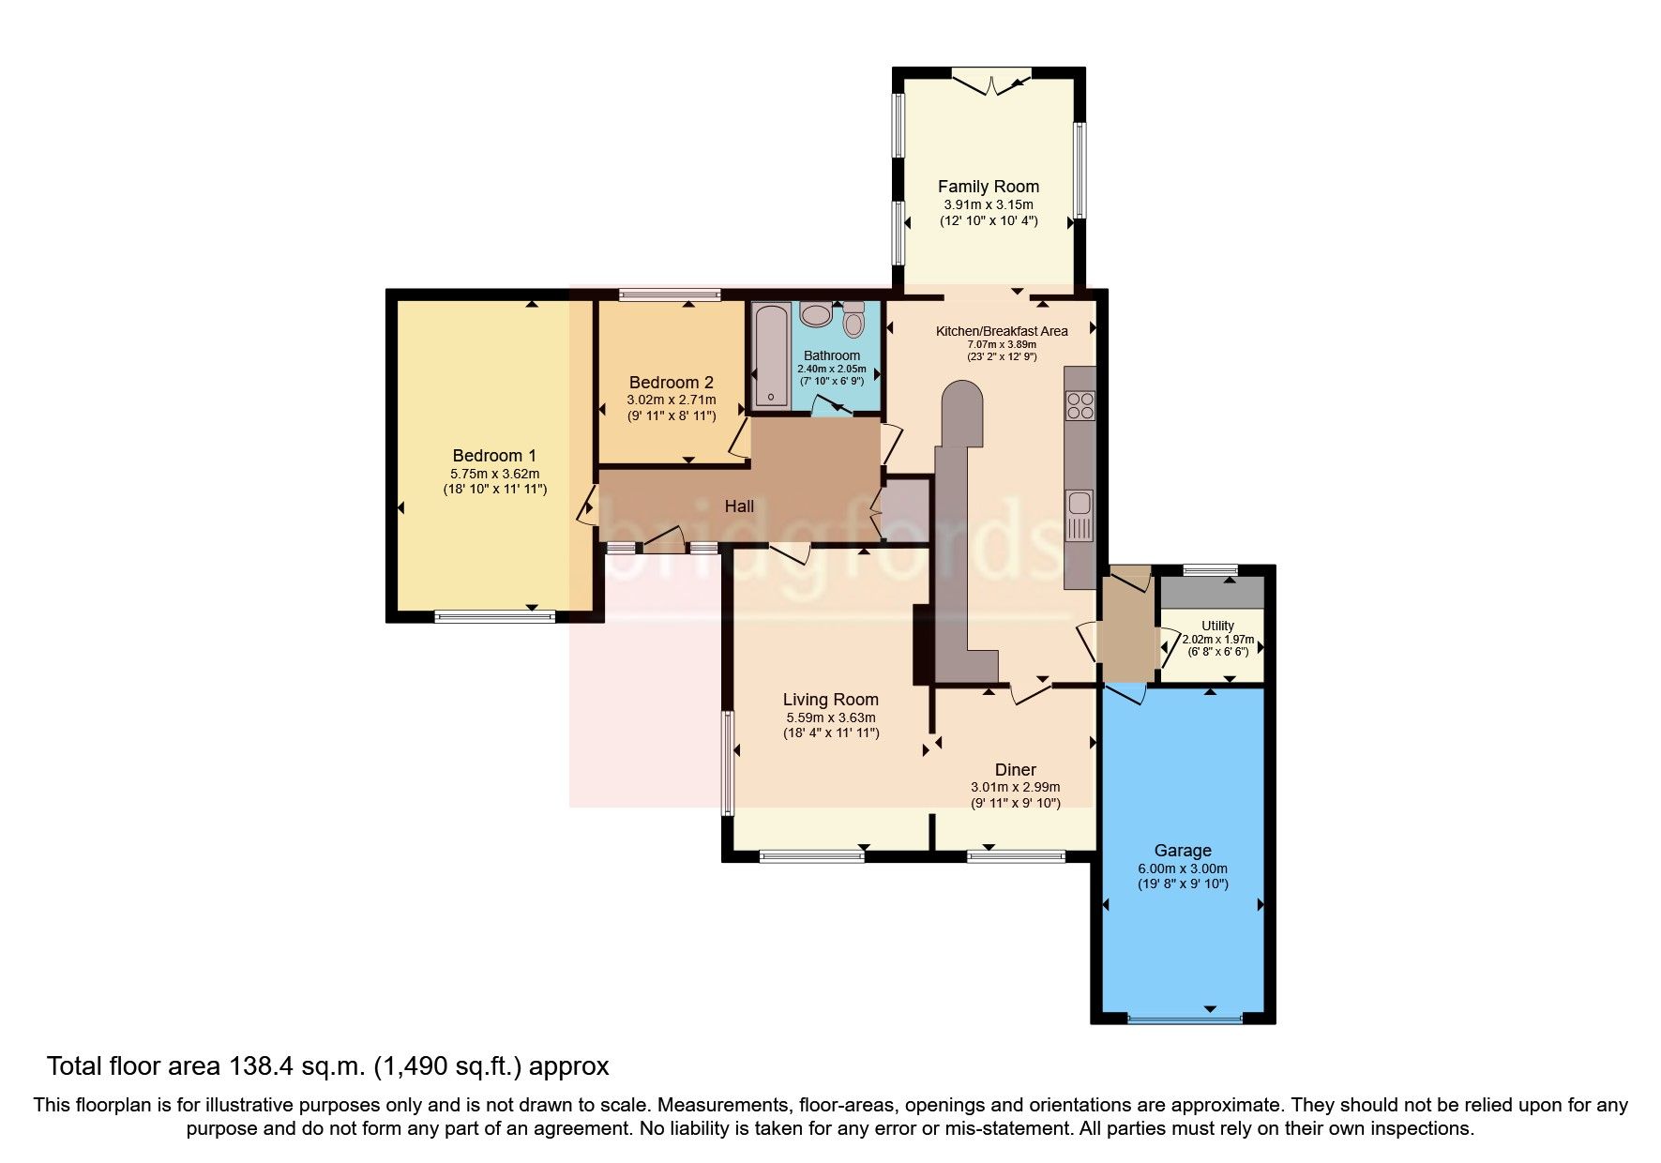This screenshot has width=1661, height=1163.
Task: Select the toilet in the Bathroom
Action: coord(853,320)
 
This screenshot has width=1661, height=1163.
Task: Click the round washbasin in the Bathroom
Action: coord(816,314)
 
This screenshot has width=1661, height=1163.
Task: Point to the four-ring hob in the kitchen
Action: coord(1080,405)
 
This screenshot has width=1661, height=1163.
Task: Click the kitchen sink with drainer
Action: coord(1080,514)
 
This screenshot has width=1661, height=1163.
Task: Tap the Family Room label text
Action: coord(989,187)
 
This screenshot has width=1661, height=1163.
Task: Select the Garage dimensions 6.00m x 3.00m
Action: coord(1183,868)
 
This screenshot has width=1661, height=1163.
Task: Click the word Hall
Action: coord(739,506)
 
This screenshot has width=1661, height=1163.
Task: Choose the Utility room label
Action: coord(1217,626)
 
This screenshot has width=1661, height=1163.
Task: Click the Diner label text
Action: coord(1015,770)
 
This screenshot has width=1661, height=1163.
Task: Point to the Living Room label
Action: coord(830,700)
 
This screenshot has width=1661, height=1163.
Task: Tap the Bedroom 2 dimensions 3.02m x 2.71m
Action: coord(671,400)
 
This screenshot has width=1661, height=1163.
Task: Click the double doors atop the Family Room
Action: coord(990,83)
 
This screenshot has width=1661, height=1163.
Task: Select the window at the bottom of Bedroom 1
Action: coord(494,616)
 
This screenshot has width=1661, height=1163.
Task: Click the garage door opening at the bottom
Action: coord(1184,1018)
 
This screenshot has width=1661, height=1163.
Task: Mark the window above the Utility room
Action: coord(1210,569)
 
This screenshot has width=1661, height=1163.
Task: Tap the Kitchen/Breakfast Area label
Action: coord(1002,331)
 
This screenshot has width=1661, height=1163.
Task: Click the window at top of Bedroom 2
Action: coord(670,295)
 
